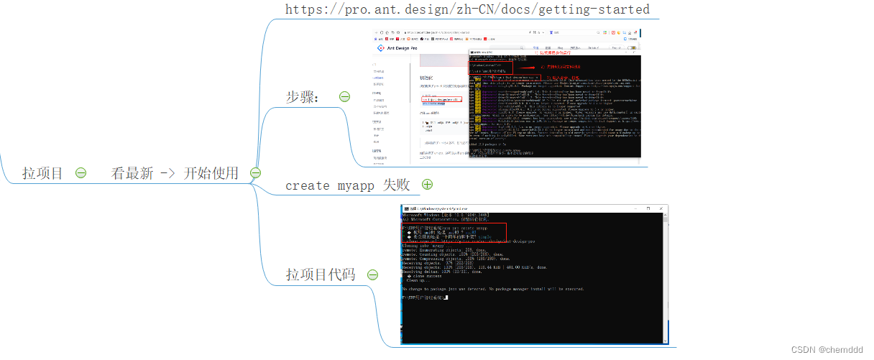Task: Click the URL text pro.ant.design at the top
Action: tap(467, 9)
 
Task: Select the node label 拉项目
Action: tap(42, 173)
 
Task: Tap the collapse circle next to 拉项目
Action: tap(80, 173)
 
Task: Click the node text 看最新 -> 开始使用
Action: tap(175, 173)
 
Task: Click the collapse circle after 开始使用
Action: tap(255, 172)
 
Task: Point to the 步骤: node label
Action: tap(303, 97)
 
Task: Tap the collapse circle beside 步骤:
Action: tap(344, 96)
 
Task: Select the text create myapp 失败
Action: tap(347, 185)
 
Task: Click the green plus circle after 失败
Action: tap(428, 185)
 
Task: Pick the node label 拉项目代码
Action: tap(321, 274)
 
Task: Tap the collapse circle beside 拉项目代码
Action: tap(372, 274)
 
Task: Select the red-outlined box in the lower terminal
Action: tap(454, 232)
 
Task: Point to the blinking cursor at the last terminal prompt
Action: tap(446, 297)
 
